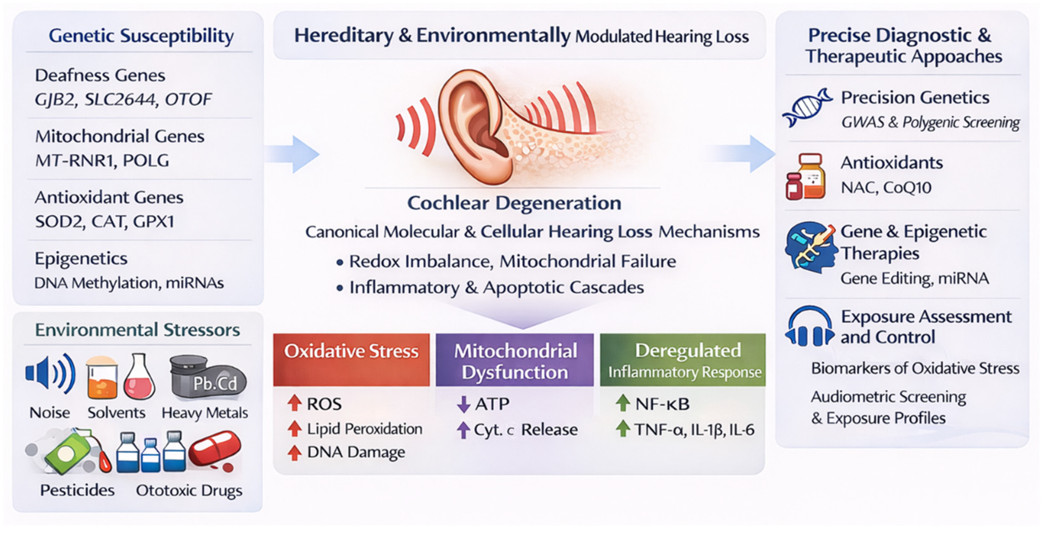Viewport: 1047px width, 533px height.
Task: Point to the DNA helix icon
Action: (806, 108)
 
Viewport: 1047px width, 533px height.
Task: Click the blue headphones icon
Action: (809, 327)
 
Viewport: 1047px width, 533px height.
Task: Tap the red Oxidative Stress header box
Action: (351, 359)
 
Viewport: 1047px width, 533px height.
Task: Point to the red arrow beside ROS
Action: (294, 403)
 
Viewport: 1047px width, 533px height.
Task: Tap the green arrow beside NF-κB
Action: (622, 403)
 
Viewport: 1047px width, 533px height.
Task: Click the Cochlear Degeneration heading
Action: (514, 203)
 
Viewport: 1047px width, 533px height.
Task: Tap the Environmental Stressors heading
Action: (138, 330)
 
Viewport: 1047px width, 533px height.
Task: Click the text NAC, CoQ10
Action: (886, 187)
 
